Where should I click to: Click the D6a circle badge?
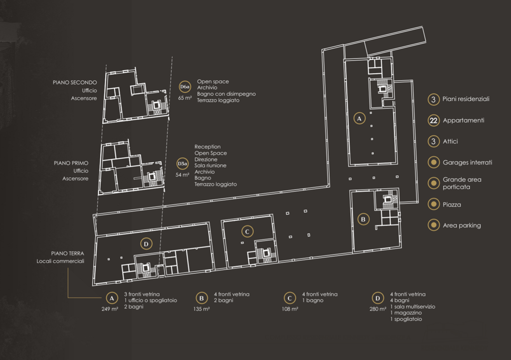click(x=185, y=87)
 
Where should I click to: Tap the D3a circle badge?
click(x=183, y=164)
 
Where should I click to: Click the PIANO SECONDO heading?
click(x=75, y=83)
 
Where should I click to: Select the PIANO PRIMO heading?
click(x=71, y=163)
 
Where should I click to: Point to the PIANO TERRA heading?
click(x=68, y=253)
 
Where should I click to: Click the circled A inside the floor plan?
click(x=359, y=119)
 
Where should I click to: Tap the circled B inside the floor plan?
click(x=363, y=219)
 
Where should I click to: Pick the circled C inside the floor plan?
click(x=247, y=231)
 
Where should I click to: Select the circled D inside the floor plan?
click(x=146, y=244)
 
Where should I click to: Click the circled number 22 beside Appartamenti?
click(x=433, y=121)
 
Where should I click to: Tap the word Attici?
click(x=450, y=142)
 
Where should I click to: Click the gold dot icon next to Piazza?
click(x=433, y=204)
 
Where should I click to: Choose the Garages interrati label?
click(x=467, y=162)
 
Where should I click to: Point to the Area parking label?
click(x=462, y=225)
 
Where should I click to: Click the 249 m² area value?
click(x=110, y=309)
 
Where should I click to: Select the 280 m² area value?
click(x=378, y=309)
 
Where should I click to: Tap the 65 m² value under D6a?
click(x=185, y=98)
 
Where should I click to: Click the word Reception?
click(x=208, y=147)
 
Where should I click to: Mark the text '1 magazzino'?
click(x=406, y=313)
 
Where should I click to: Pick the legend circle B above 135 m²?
click(x=202, y=298)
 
